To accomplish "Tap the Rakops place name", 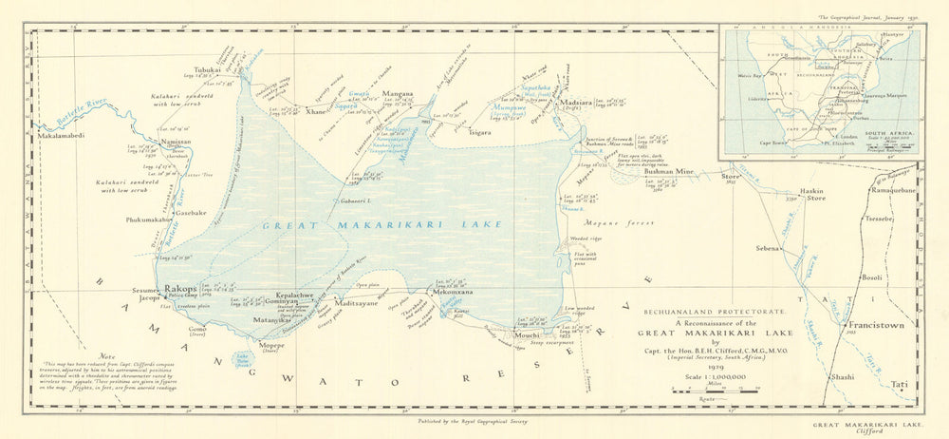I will (180, 287).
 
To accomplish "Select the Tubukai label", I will (207, 70).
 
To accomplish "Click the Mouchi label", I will (527, 335).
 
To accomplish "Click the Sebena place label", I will (766, 247).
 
